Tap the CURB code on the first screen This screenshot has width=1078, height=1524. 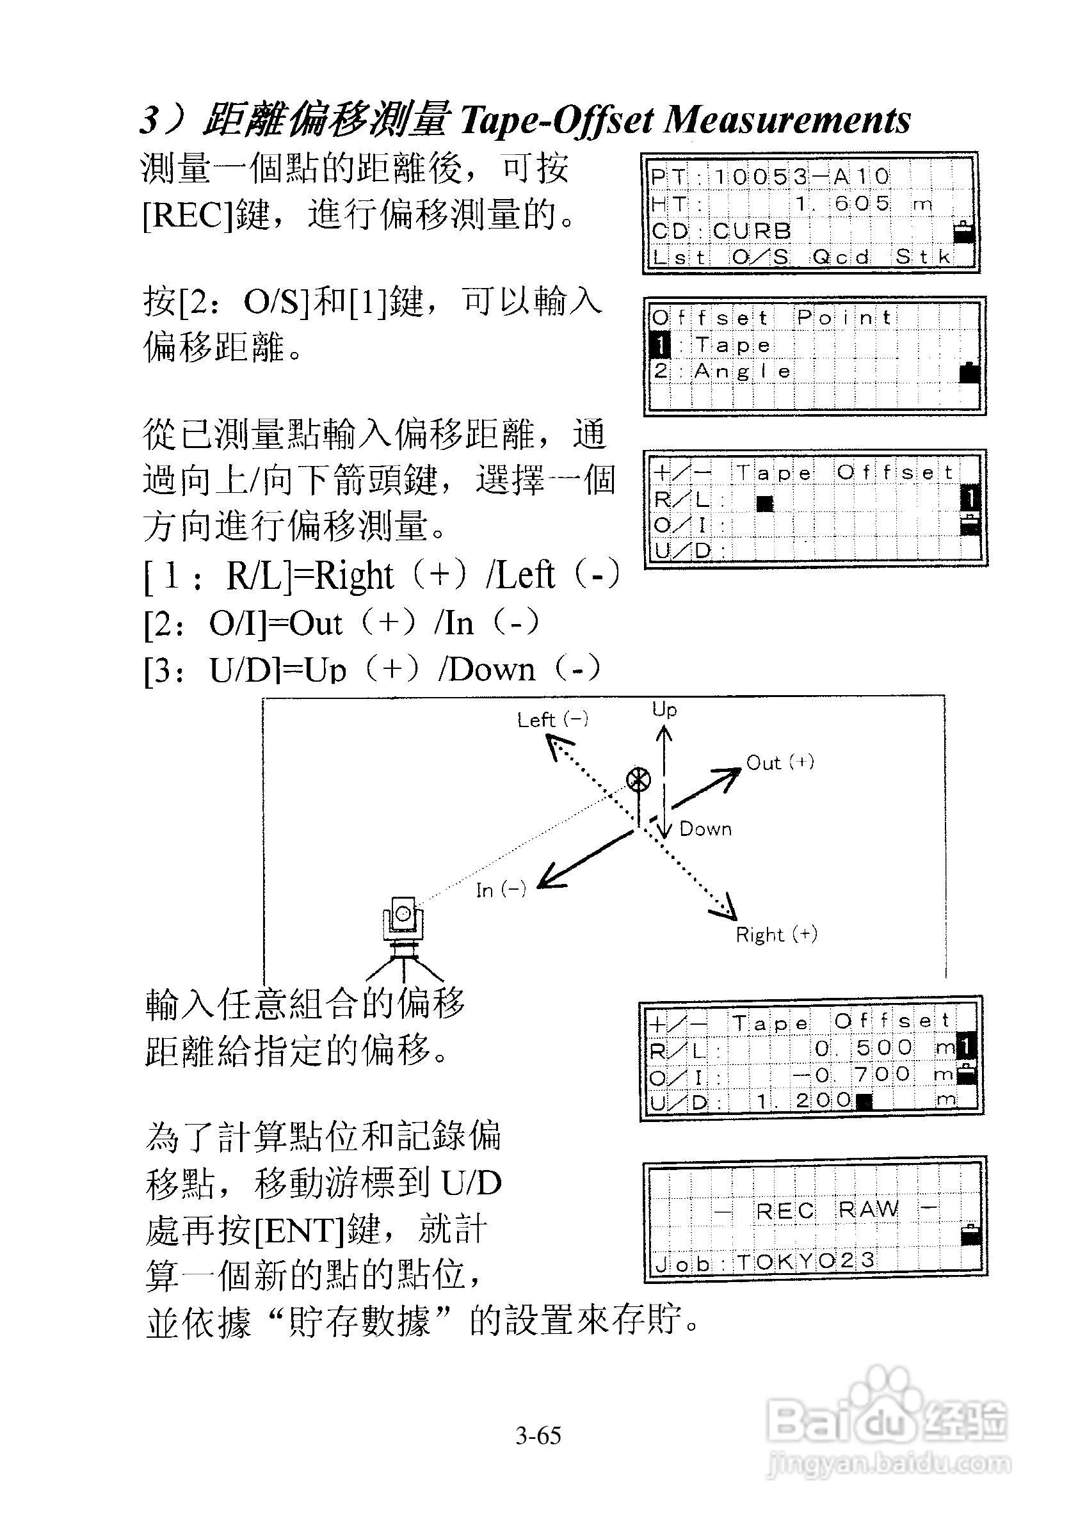pyautogui.click(x=752, y=231)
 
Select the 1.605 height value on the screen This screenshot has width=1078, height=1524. pyautogui.click(x=842, y=204)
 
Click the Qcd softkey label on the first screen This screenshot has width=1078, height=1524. pyautogui.click(x=841, y=257)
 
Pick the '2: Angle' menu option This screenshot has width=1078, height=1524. pyautogui.click(x=722, y=372)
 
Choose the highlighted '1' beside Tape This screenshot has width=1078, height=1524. pyautogui.click(x=661, y=345)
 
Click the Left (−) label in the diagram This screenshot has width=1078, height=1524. pyautogui.click(x=552, y=720)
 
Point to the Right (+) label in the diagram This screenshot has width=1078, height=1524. pyautogui.click(x=776, y=935)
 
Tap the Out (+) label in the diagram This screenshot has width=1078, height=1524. pyautogui.click(x=780, y=763)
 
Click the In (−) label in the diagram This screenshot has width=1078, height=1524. pyautogui.click(x=501, y=890)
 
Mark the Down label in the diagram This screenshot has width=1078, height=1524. pyautogui.click(x=705, y=829)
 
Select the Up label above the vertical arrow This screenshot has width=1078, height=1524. pyautogui.click(x=664, y=710)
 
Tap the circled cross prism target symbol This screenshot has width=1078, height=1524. pyautogui.click(x=639, y=780)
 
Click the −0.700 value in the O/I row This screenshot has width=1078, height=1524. pyautogui.click(x=851, y=1075)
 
